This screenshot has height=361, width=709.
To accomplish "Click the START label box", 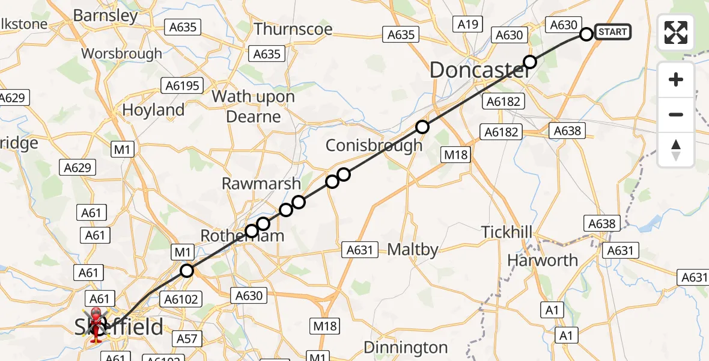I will [612, 32].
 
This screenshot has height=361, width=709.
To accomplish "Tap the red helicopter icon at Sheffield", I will [96, 326].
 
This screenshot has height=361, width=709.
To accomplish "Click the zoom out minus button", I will [676, 114].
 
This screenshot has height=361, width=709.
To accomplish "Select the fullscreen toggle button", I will [676, 32].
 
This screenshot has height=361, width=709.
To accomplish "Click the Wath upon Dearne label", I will [253, 106].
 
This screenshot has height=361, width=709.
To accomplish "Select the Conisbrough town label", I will [374, 146].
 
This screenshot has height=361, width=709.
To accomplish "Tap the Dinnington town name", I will [406, 347].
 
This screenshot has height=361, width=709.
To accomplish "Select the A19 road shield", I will [467, 24].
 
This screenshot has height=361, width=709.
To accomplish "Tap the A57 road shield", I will [187, 339].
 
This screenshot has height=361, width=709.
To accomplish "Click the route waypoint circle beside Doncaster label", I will [529, 62].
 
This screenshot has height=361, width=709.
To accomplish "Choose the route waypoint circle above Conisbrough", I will [422, 126].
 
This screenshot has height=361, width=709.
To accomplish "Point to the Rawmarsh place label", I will [261, 184].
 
